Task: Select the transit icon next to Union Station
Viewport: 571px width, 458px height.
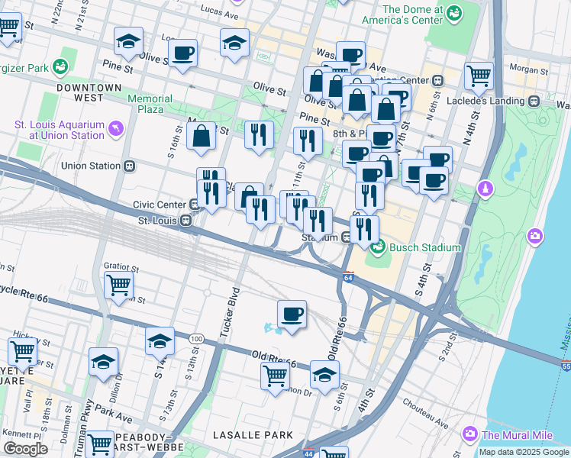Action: [x=130, y=166]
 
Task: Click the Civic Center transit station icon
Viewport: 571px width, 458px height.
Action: [x=195, y=205]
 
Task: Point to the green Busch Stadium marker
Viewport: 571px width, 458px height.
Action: [x=378, y=247]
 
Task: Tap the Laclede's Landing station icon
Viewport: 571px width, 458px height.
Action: [x=534, y=100]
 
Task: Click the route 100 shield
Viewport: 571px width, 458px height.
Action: [x=196, y=338]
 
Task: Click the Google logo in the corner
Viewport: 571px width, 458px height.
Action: [x=25, y=449]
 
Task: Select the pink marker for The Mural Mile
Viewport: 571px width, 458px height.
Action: [x=470, y=434]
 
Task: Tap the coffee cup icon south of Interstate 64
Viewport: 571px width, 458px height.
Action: [x=291, y=314]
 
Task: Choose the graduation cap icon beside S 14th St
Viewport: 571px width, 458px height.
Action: [x=160, y=341]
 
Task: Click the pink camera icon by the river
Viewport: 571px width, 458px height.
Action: [x=537, y=237]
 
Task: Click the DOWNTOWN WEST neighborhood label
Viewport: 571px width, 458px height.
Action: [x=89, y=93]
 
